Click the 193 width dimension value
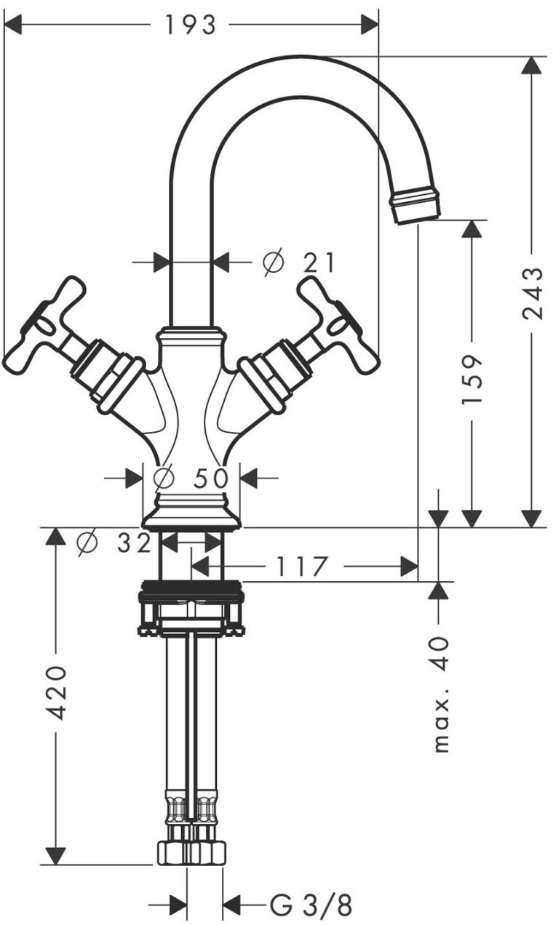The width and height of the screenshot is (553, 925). (190, 25)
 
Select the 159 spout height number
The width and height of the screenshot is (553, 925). (472, 379)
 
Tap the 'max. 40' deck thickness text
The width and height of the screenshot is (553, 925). (440, 694)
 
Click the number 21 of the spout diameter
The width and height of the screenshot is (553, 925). (318, 263)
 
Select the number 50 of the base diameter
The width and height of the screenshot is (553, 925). (211, 478)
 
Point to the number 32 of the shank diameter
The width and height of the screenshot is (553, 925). (135, 543)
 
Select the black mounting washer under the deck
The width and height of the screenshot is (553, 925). (191, 590)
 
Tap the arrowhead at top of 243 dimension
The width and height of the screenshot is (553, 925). (531, 65)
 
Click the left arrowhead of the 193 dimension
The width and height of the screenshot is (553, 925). (12, 25)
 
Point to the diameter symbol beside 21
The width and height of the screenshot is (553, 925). (274, 262)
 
